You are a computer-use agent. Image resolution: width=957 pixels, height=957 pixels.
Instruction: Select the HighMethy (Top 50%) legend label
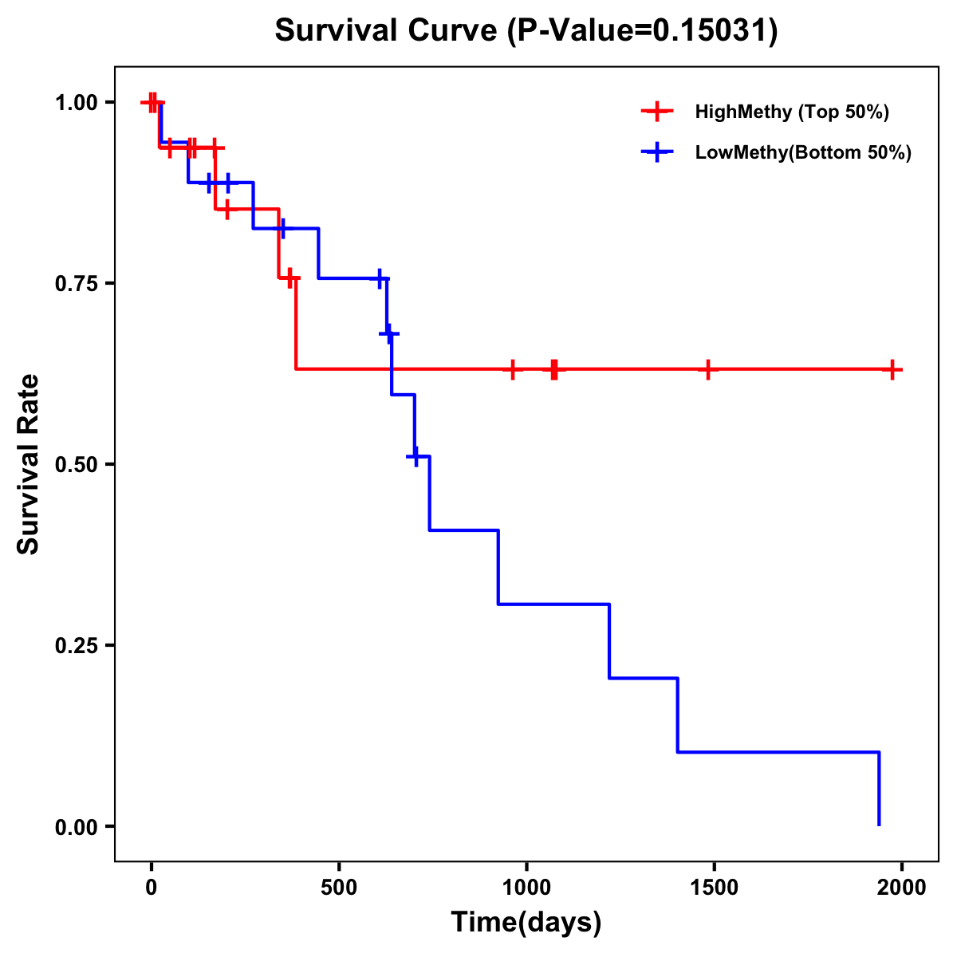pos(791,112)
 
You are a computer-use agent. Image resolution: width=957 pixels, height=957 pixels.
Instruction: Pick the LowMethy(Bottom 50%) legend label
pos(803,152)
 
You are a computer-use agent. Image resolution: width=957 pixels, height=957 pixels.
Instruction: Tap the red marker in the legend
pos(657,112)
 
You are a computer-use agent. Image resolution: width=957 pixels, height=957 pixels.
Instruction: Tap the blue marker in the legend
pos(657,152)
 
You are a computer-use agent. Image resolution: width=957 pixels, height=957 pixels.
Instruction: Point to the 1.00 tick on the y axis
pos(75,103)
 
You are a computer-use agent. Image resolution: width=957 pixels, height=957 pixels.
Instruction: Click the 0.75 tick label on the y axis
pos(75,284)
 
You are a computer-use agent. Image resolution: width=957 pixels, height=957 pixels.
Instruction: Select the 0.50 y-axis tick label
pos(75,465)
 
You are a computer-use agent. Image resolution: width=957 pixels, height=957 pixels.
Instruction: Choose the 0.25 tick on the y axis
pos(75,646)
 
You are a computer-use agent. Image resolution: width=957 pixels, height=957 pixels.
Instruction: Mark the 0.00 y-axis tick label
pos(75,827)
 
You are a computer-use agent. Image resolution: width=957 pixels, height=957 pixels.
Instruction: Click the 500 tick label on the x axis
pos(339,888)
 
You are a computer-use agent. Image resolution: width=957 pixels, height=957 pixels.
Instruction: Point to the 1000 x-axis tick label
pos(526,888)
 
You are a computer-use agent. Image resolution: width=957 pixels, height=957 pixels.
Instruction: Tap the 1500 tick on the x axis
pos(714,888)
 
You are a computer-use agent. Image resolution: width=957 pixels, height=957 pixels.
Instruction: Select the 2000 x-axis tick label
pos(902,888)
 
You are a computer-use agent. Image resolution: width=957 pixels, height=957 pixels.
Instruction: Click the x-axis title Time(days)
pos(526,923)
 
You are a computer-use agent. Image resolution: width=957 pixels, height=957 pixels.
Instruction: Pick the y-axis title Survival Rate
pos(29,464)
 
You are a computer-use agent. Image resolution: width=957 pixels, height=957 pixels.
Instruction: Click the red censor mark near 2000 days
pos(893,369)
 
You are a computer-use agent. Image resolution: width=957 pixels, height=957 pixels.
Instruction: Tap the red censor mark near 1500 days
pos(707,369)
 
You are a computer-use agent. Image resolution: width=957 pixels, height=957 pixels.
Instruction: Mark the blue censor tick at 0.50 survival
pos(415,456)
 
